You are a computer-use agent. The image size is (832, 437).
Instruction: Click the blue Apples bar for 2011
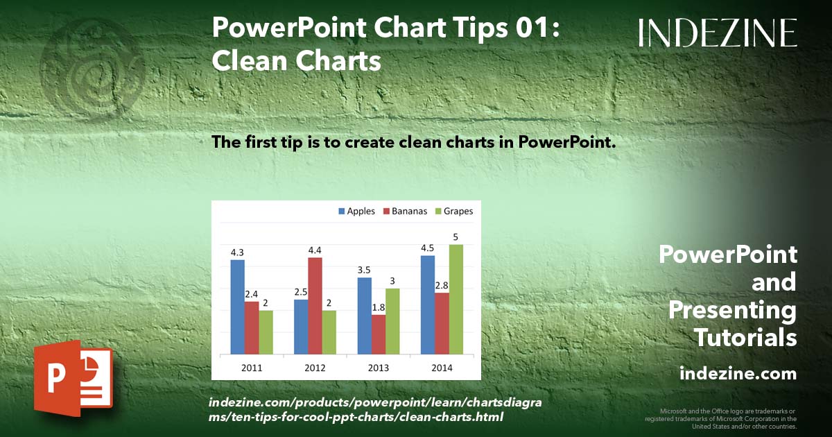(237, 307)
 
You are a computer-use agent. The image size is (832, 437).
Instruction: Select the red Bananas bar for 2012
(315, 305)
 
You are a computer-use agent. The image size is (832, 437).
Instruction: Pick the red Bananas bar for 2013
(379, 334)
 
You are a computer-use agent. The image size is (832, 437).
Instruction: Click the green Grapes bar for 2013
(392, 320)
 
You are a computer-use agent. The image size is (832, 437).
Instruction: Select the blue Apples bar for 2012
(301, 326)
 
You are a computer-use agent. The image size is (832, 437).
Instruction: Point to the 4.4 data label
(315, 250)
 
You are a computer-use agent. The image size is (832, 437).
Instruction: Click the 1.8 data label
(379, 307)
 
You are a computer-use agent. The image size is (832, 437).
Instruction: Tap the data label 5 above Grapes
(456, 237)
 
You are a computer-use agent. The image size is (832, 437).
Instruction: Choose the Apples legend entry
(356, 211)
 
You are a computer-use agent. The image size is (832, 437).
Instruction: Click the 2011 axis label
(251, 368)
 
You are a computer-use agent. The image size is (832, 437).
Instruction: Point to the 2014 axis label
(442, 368)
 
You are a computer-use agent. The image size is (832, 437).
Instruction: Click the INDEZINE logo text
(718, 33)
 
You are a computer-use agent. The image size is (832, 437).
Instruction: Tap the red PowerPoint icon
(73, 378)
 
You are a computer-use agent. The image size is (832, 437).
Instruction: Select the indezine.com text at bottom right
(738, 374)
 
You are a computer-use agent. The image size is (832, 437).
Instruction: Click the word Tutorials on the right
(745, 338)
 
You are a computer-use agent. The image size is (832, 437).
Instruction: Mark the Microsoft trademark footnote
(721, 418)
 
